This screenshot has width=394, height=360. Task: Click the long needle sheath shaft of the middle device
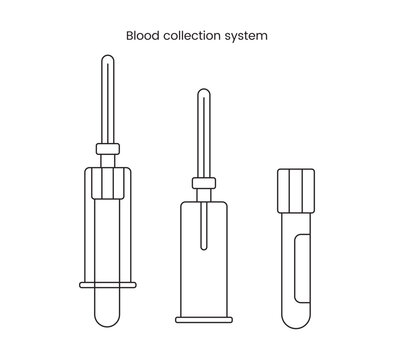203,135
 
